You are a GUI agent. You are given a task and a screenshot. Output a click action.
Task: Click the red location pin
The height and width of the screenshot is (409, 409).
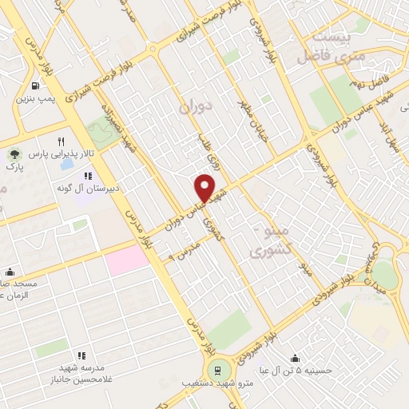(205, 187)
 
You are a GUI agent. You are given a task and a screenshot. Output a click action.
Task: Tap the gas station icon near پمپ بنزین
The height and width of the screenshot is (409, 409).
(35, 85)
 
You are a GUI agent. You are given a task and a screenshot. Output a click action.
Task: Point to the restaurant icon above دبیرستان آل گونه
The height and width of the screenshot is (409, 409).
(88, 174)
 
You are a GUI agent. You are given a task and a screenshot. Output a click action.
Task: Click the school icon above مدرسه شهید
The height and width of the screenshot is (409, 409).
(81, 355)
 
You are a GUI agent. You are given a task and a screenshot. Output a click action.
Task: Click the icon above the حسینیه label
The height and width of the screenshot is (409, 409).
(297, 357)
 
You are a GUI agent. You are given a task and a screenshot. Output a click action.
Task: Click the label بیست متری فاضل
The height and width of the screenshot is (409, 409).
(328, 48)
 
